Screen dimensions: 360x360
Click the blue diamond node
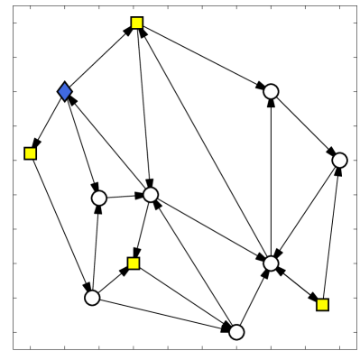coord(64,90)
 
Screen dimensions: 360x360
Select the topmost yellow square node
coord(136,23)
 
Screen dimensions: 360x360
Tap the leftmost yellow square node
coord(30,153)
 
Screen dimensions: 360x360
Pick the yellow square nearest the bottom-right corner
coord(322,304)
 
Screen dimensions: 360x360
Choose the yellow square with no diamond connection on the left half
coord(134,263)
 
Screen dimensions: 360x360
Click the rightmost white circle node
coord(339,160)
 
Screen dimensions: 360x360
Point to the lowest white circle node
coord(236,332)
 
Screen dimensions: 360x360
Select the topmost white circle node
coord(271,90)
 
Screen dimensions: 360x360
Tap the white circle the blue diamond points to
coord(99,198)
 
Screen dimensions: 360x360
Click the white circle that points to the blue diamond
coord(151,194)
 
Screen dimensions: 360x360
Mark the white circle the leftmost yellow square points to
coord(91,297)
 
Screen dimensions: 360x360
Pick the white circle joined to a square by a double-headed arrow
coord(271,263)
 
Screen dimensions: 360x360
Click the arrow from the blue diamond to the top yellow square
coord(100,56)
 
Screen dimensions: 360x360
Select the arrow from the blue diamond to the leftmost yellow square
coord(47,122)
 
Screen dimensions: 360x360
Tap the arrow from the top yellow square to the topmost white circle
coord(203,56)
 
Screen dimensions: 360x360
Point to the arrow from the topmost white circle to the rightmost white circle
coord(305,125)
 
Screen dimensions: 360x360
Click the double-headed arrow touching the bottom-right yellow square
coord(297,283)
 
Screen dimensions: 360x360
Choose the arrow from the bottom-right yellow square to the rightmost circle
coord(331,232)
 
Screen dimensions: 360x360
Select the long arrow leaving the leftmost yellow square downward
coord(60,226)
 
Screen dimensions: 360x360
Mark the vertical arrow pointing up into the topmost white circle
coord(271,176)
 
